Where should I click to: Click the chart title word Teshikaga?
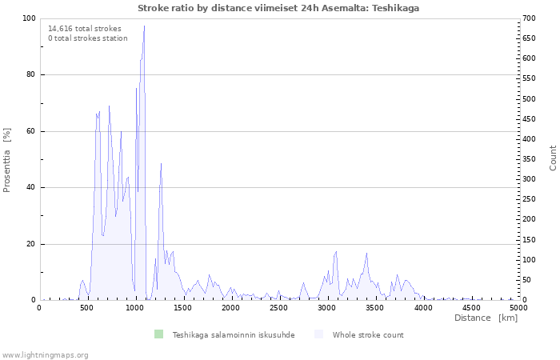395,8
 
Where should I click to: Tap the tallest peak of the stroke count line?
144,26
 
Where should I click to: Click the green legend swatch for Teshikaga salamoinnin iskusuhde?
158,334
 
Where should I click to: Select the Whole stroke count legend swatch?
318,334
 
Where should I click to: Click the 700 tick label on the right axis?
529,18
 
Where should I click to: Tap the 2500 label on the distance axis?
278,308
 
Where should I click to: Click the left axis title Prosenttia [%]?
6,160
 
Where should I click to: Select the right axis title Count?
553,158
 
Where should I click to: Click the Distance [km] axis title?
486,318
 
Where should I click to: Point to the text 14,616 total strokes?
85,29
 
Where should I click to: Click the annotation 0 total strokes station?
88,38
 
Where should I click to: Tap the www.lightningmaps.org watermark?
44,355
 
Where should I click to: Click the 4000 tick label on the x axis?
423,308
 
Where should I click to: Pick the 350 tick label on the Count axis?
529,159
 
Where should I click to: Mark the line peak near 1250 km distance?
162,163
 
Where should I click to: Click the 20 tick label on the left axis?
30,244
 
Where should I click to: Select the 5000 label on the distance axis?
518,308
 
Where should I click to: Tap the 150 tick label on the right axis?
529,240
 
